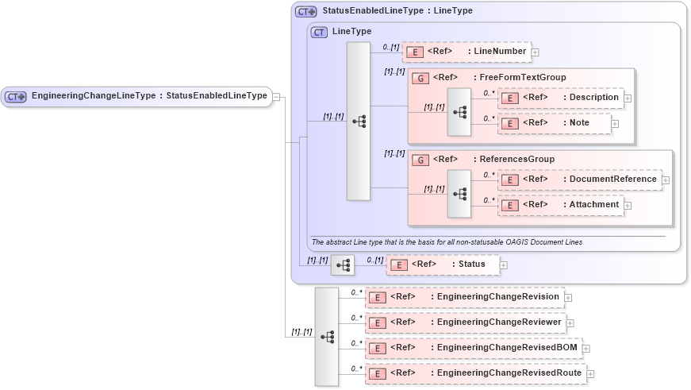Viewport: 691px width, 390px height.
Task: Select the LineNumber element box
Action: [466, 52]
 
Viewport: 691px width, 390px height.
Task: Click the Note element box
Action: [554, 123]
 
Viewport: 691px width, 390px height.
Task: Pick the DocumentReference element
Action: [579, 180]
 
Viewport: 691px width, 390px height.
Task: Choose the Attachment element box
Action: [560, 205]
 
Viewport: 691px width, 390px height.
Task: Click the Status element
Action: [442, 265]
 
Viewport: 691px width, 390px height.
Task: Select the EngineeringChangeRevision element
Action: [465, 297]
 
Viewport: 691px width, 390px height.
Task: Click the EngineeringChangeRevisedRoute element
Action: [475, 373]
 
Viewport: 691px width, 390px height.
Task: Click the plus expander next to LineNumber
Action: [536, 52]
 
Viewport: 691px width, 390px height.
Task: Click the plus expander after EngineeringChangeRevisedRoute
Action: [590, 374]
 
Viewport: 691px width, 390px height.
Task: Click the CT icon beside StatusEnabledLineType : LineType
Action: [305, 12]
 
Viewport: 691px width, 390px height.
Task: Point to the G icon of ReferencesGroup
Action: [420, 159]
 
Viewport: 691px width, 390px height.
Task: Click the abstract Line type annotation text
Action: [447, 242]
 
